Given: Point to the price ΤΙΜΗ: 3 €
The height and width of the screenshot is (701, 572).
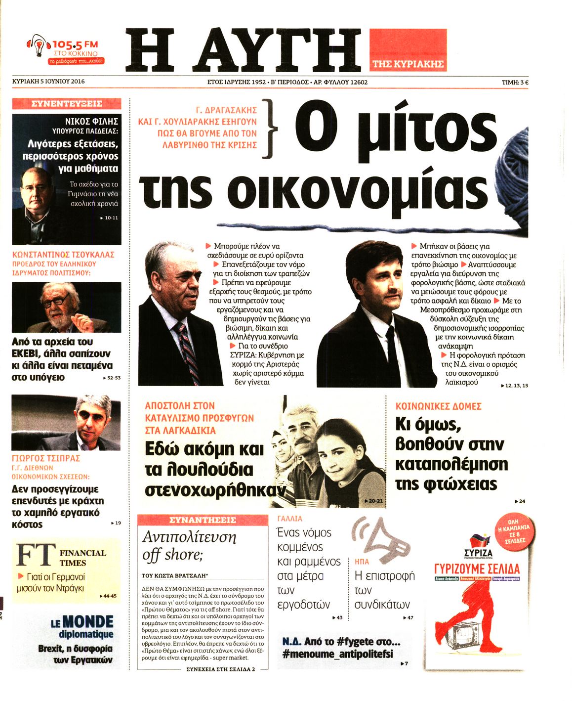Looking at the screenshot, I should (515, 83).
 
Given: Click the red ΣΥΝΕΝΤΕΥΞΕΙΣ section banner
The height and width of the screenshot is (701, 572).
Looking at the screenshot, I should (66, 104).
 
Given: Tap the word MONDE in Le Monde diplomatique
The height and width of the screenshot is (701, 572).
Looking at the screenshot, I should (88, 622).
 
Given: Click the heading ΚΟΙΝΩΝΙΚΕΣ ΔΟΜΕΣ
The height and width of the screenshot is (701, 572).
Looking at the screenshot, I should (438, 406).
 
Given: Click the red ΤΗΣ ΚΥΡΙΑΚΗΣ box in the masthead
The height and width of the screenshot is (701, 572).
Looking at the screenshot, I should (408, 64).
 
